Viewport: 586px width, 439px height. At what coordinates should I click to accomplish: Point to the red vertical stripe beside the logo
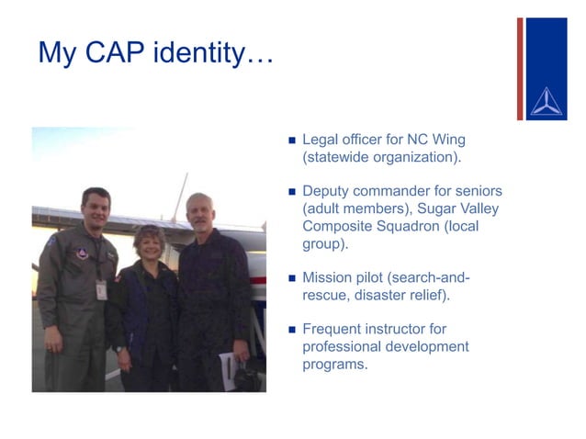[520, 69]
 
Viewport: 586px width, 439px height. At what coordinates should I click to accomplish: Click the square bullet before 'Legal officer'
[292, 141]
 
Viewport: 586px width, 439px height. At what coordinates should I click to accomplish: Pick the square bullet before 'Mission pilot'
[292, 276]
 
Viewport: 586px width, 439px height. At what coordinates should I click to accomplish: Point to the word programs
[334, 364]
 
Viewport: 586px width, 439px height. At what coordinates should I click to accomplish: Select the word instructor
[408, 328]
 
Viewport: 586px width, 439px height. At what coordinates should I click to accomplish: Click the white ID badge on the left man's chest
[101, 288]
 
